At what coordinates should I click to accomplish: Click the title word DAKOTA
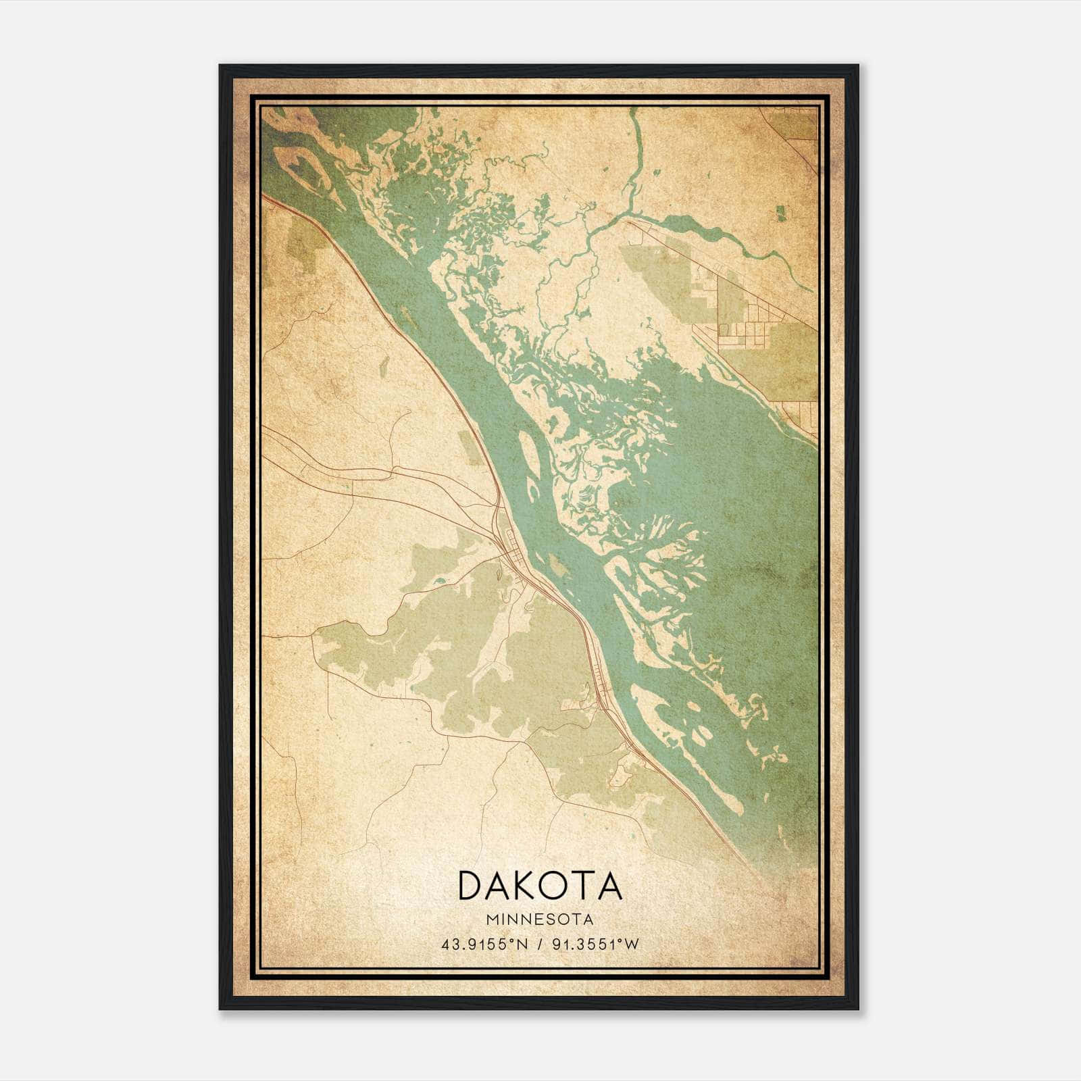pos(540,885)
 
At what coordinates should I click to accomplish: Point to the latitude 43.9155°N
pos(484,945)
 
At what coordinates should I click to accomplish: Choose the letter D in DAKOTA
pos(471,885)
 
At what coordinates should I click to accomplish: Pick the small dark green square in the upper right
pos(782,213)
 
